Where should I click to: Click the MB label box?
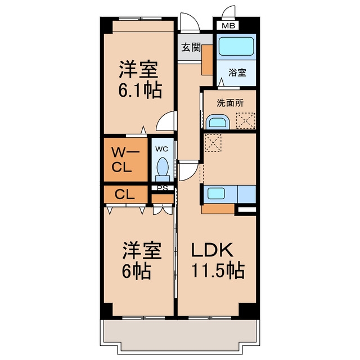229,25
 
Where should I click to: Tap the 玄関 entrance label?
191,47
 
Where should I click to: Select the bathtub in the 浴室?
236,46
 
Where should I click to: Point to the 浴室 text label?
237,73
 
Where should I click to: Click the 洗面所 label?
230,103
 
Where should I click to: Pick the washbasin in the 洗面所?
218,122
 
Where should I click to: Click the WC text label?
161,149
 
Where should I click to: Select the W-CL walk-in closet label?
125,160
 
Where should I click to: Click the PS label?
163,188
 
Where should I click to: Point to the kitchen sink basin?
216,193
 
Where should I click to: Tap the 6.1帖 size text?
140,91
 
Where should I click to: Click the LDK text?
213,250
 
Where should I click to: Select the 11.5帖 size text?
218,271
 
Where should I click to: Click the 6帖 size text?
136,271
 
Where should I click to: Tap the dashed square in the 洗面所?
246,120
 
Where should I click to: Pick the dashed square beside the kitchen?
213,143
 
